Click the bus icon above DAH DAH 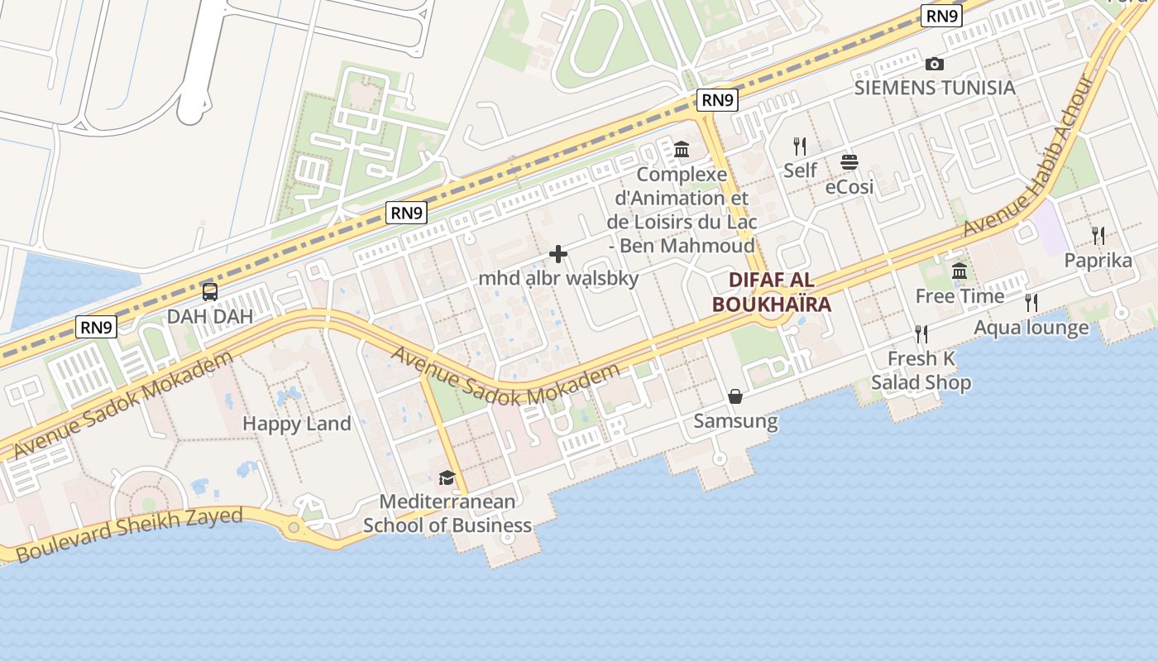pyautogui.click(x=210, y=291)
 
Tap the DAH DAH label pyautogui.click(x=210, y=316)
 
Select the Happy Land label pyautogui.click(x=297, y=424)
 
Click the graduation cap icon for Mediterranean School pyautogui.click(x=447, y=477)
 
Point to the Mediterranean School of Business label pyautogui.click(x=447, y=513)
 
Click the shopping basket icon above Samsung pyautogui.click(x=735, y=397)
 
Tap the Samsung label pyautogui.click(x=735, y=421)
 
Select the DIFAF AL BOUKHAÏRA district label pyautogui.click(x=771, y=291)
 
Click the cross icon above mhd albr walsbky pyautogui.click(x=558, y=254)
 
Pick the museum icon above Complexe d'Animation pyautogui.click(x=682, y=150)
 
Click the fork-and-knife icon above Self pyautogui.click(x=800, y=146)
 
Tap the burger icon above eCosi pyautogui.click(x=849, y=162)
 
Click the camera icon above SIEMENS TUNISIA pyautogui.click(x=935, y=64)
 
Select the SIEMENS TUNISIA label pyautogui.click(x=935, y=88)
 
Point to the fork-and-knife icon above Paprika pyautogui.click(x=1098, y=236)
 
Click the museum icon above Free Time pyautogui.click(x=959, y=271)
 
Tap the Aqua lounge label pyautogui.click(x=1031, y=328)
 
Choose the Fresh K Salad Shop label pyautogui.click(x=921, y=371)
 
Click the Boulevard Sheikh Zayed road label pyautogui.click(x=130, y=535)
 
